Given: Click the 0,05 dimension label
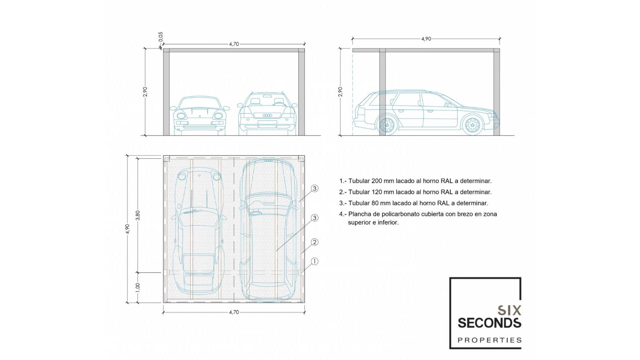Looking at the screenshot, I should click(x=161, y=37).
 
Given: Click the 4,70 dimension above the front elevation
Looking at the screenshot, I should click(x=234, y=44).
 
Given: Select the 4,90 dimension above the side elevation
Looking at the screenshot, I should click(x=426, y=39).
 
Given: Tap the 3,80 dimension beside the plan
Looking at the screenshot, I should click(x=138, y=215).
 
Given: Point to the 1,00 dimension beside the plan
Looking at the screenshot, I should click(x=138, y=287).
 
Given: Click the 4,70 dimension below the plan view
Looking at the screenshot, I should click(x=234, y=312).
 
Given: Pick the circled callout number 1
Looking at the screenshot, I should click(x=314, y=261).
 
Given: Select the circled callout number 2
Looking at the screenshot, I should click(x=314, y=242).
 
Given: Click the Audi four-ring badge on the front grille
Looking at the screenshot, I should click(x=268, y=115).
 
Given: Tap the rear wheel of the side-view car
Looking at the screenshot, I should click(x=387, y=125).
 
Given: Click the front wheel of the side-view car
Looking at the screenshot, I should click(x=472, y=125).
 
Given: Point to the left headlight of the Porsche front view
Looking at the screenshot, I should click(x=181, y=116).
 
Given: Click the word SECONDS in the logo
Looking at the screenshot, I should click(x=489, y=323).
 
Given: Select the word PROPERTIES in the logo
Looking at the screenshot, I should click(x=489, y=340).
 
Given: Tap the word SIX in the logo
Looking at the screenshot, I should click(x=509, y=311).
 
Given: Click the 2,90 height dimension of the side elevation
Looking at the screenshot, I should click(x=340, y=92).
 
